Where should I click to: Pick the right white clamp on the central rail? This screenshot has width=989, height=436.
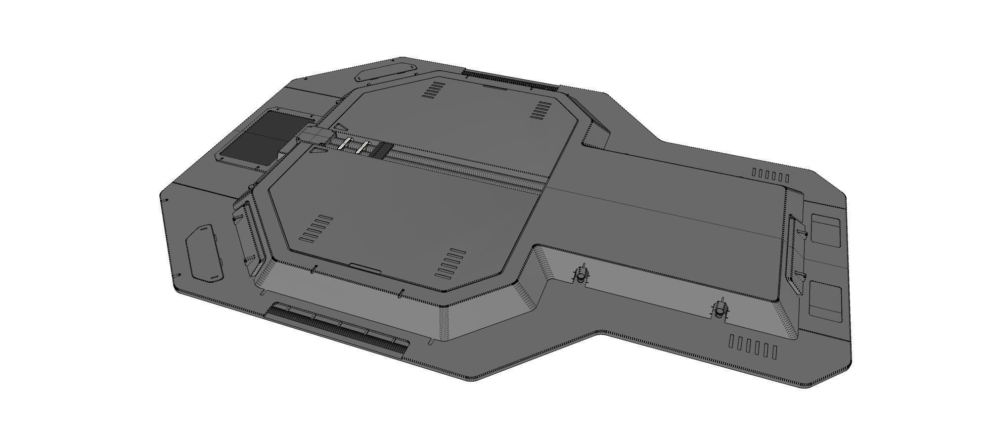pyautogui.click(x=362, y=147)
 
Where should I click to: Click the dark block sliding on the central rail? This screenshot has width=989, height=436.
pyautogui.click(x=382, y=150)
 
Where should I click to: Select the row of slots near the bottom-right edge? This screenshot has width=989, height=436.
pyautogui.click(x=753, y=346)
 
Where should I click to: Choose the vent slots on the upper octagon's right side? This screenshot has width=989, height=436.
pyautogui.click(x=543, y=111)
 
